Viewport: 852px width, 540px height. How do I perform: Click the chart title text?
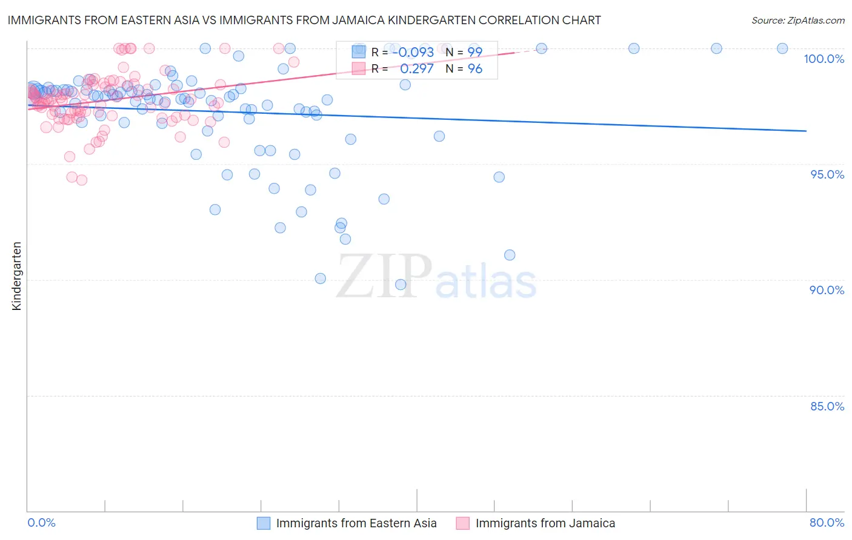[304, 20]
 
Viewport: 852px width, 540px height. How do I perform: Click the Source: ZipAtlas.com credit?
[797, 20]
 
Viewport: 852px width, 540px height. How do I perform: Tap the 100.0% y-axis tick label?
[824, 59]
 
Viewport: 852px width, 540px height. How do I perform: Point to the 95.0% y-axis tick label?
[827, 174]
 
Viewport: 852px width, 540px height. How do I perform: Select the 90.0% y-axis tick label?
[827, 290]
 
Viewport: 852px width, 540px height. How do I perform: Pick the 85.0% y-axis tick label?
[827, 406]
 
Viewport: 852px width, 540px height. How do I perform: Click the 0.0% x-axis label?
[41, 522]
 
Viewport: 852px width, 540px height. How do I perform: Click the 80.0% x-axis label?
[827, 522]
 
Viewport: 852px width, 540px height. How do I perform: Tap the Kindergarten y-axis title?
[16, 276]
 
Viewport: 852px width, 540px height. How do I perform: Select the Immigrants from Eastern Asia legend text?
[356, 523]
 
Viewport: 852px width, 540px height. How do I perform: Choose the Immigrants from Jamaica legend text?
[545, 523]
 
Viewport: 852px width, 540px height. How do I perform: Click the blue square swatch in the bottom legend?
[264, 523]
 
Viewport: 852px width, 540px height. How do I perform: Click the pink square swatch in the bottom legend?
[463, 523]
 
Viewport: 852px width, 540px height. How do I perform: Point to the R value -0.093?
[413, 52]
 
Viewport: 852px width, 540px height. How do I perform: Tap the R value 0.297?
[416, 69]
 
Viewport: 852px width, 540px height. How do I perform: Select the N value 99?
[474, 52]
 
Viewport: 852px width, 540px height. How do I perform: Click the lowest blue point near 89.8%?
[401, 285]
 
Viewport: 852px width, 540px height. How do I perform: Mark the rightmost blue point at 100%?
[782, 48]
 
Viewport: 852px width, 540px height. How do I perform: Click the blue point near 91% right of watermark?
[510, 255]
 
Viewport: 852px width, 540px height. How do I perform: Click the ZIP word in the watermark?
[384, 276]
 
